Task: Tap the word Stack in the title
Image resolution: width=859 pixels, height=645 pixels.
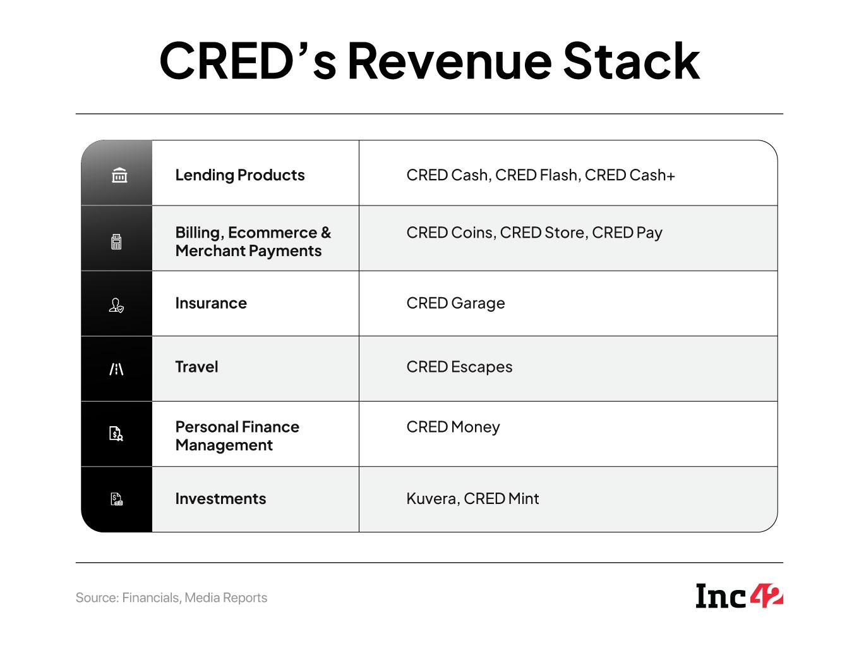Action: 631,61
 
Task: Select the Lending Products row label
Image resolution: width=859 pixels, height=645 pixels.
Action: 240,175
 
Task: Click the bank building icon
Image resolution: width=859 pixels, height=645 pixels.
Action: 119,175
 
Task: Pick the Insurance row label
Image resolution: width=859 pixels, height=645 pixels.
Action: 211,303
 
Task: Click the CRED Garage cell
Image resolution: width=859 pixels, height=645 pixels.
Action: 455,304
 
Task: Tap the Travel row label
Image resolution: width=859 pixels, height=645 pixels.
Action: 196,367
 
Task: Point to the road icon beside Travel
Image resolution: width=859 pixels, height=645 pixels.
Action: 116,369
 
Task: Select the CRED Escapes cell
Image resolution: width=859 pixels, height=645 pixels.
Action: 459,367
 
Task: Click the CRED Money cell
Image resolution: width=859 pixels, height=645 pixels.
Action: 453,427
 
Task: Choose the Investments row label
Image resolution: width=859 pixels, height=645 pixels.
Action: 220,498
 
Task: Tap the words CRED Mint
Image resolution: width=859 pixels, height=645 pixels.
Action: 502,498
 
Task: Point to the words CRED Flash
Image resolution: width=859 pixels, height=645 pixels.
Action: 536,175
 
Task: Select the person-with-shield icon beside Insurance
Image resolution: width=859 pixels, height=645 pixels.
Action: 116,305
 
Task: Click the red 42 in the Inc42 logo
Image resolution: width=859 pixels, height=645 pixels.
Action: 766,596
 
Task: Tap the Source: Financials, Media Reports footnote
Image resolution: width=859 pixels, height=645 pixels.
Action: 171,598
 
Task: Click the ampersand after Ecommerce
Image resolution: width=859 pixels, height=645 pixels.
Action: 325,233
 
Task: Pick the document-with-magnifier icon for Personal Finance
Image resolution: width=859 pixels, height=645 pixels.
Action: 116,434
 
